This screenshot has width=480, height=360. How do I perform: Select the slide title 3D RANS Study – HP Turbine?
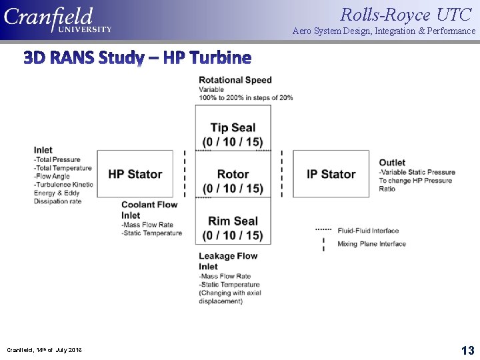pyautogui.click(x=137, y=58)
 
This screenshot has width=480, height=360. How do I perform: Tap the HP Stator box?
pyautogui.click(x=135, y=174)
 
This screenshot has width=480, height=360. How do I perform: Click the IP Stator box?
pyautogui.click(x=331, y=174)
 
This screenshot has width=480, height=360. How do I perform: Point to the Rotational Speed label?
pyautogui.click(x=235, y=80)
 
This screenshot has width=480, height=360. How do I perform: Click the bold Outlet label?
pyautogui.click(x=392, y=163)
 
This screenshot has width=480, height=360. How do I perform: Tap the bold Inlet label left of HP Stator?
pyautogui.click(x=43, y=150)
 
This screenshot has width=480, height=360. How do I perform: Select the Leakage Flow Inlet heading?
pyautogui.click(x=227, y=261)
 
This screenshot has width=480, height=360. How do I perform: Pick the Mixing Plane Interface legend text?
pyautogui.click(x=371, y=244)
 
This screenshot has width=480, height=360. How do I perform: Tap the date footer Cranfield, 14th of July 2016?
pyautogui.click(x=45, y=350)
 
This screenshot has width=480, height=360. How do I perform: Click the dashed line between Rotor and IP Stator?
pyautogui.click(x=282, y=174)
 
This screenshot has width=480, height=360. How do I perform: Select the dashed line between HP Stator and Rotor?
pyautogui.click(x=185, y=174)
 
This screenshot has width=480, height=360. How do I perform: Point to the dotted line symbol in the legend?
pyautogui.click(x=323, y=229)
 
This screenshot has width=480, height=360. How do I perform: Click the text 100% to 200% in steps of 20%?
pyautogui.click(x=245, y=98)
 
